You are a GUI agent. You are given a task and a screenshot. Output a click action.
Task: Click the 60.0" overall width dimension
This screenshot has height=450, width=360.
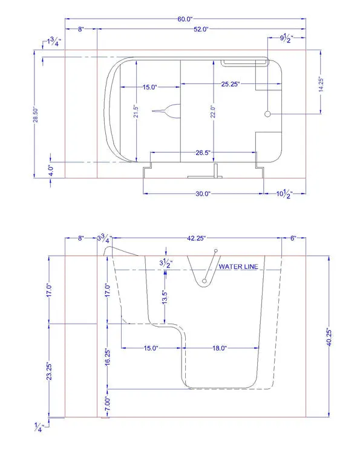(x=185, y=19)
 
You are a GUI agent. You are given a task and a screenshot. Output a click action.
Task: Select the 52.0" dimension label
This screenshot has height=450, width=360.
(x=201, y=29)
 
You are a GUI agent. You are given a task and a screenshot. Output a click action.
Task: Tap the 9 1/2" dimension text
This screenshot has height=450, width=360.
(x=286, y=38)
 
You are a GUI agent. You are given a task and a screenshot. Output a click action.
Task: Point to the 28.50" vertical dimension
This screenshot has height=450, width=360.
(x=36, y=114)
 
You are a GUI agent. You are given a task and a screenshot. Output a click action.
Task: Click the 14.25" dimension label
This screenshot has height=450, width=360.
(x=321, y=85)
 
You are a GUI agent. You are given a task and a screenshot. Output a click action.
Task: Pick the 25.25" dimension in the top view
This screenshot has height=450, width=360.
(x=231, y=84)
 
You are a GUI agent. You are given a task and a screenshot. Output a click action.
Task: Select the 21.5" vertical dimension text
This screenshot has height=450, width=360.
(x=136, y=111)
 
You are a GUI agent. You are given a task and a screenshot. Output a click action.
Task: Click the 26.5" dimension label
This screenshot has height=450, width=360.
(x=203, y=152)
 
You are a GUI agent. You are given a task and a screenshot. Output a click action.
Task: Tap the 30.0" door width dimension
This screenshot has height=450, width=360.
(x=203, y=194)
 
